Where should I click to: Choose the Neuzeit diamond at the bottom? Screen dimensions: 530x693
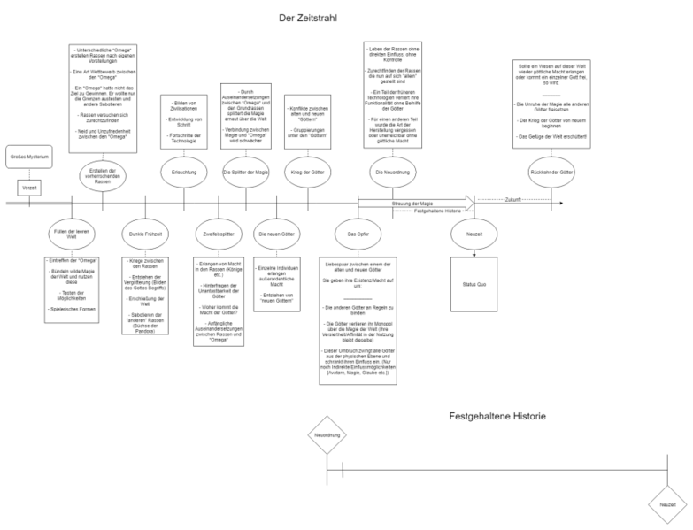(666, 504)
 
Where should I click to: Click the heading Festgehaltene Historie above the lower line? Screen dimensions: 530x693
(497, 415)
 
